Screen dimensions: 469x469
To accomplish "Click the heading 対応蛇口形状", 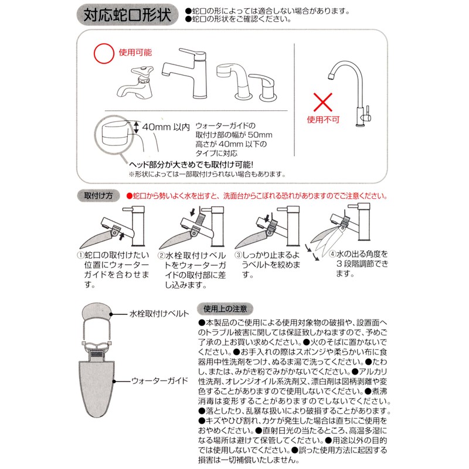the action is click(127, 15).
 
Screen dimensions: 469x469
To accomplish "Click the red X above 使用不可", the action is click(323, 102).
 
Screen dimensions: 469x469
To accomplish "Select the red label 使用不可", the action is click(323, 120).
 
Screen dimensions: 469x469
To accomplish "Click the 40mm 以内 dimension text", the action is click(166, 127).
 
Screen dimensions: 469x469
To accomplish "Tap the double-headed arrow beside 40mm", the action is click(137, 127).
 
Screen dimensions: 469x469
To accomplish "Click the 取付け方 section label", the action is click(98, 196).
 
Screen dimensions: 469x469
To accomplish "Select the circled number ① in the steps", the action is click(81, 255).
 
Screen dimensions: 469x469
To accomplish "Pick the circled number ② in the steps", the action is click(162, 256).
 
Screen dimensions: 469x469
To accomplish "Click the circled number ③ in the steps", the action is click(239, 255).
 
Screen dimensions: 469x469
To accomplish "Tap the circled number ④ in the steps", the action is click(332, 254).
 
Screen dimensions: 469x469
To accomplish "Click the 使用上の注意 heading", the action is click(225, 309).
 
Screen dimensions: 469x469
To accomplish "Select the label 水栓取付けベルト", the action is click(159, 314).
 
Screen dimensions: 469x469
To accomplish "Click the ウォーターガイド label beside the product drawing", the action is click(159, 381).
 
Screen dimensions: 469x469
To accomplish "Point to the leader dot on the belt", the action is click(111, 314).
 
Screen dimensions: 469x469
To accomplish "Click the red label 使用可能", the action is click(135, 53).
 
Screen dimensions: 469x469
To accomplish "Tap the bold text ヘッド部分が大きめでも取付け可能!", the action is click(192, 165).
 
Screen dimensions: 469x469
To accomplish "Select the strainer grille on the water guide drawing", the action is click(96, 354).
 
